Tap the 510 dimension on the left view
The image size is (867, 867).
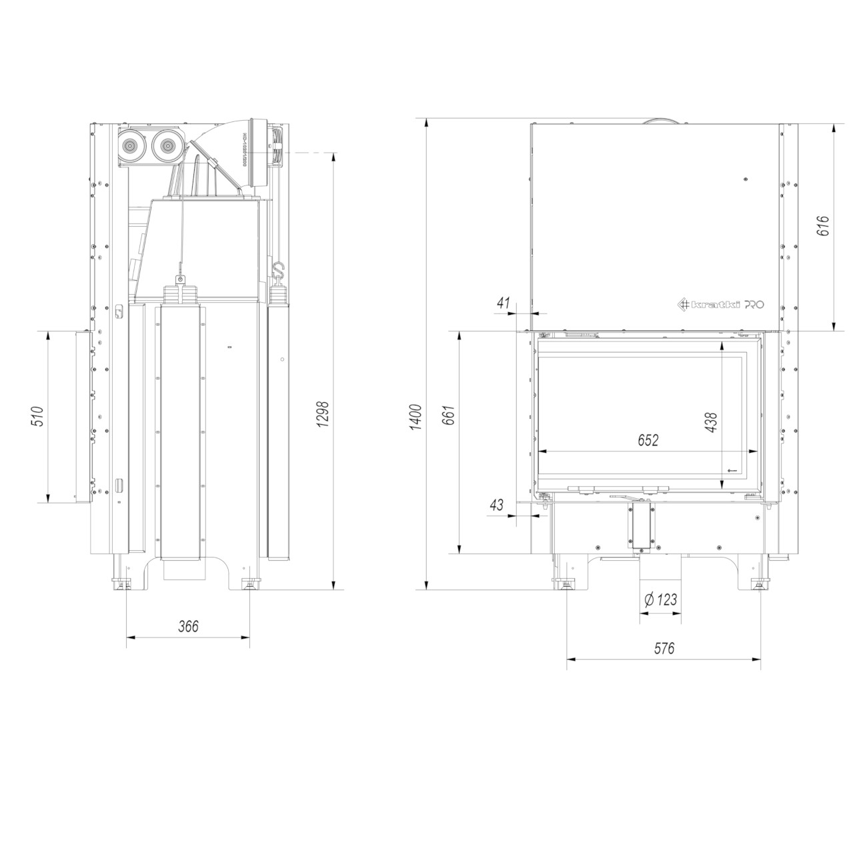37,417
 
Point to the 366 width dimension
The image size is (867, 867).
189,626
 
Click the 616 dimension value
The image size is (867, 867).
823,227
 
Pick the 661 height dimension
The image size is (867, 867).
448,415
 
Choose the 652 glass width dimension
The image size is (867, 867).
648,440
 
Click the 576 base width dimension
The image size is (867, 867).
664,648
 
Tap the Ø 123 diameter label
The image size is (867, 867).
660,600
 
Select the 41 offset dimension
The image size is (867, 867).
504,303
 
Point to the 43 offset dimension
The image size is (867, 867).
497,506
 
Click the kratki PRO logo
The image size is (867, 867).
721,304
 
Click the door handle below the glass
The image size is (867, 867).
626,498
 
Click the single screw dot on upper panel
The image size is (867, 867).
745,179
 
